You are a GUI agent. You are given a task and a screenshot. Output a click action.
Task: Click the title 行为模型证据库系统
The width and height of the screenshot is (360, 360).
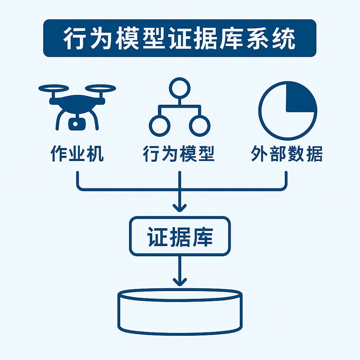click(x=180, y=38)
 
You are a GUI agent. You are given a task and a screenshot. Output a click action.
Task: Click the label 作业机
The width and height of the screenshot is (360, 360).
click(x=77, y=154)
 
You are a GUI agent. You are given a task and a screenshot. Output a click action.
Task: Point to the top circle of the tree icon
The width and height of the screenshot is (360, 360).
click(x=180, y=88)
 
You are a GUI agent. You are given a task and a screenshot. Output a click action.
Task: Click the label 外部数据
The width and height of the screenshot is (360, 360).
click(x=287, y=154)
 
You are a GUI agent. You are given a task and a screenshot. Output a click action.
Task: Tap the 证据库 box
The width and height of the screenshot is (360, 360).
click(x=180, y=236)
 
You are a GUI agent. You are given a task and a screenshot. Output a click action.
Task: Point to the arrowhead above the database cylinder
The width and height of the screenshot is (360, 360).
click(x=180, y=281)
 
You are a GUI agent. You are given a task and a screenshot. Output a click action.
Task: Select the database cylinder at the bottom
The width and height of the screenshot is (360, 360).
click(x=180, y=311)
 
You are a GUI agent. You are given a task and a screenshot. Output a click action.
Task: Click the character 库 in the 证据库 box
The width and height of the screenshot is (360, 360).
click(x=202, y=237)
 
